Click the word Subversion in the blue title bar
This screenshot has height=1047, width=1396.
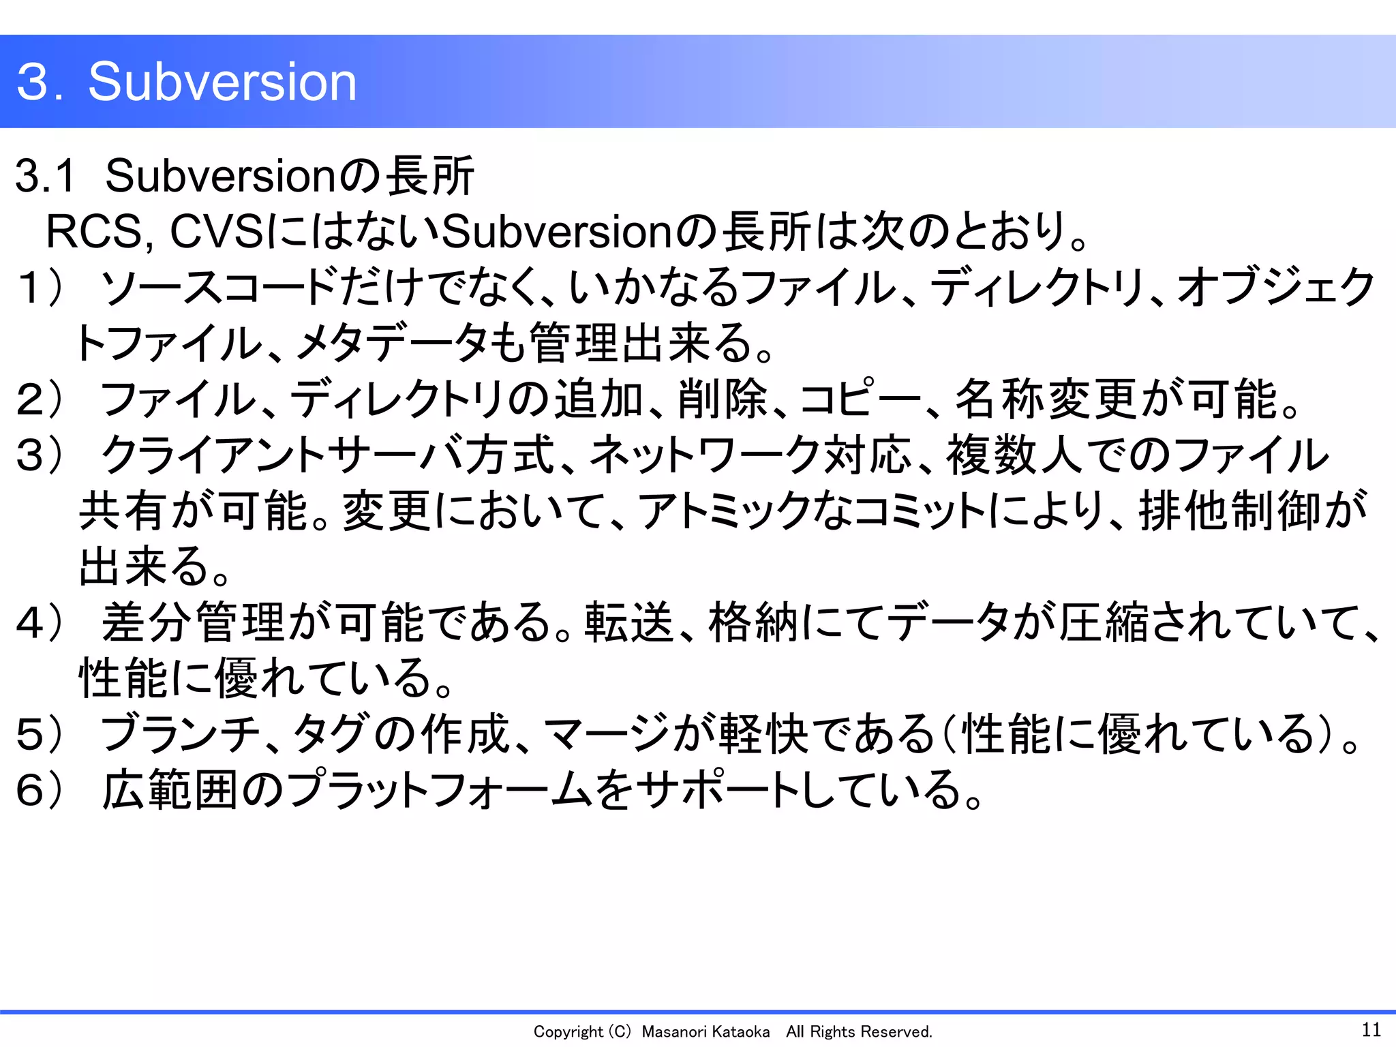pyautogui.click(x=222, y=82)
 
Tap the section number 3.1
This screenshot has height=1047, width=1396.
pyautogui.click(x=45, y=176)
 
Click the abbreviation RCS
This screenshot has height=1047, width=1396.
pyautogui.click(x=94, y=232)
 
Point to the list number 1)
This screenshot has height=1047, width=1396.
pyautogui.click(x=41, y=288)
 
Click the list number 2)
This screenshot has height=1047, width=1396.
pyautogui.click(x=41, y=399)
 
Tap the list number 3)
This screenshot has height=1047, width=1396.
pyautogui.click(x=41, y=455)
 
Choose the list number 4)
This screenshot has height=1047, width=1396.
pyautogui.click(x=41, y=623)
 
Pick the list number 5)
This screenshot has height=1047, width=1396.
pyautogui.click(x=41, y=735)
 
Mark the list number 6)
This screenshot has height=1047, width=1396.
pyautogui.click(x=41, y=791)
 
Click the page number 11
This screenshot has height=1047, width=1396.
pyautogui.click(x=1371, y=1029)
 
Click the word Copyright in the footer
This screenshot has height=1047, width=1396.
pyautogui.click(x=568, y=1032)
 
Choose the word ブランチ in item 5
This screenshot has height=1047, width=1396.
pyautogui.click(x=180, y=735)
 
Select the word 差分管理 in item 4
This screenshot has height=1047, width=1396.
pyautogui.click(x=194, y=623)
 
